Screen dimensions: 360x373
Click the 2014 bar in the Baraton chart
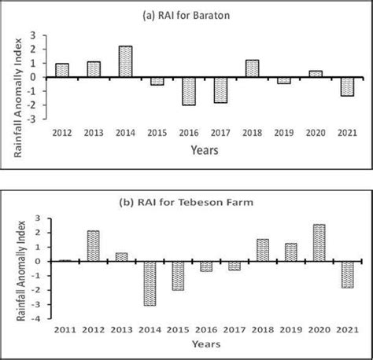click(x=125, y=61)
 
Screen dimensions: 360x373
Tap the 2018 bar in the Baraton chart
click(x=252, y=68)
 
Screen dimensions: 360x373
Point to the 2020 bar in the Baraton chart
click(x=315, y=74)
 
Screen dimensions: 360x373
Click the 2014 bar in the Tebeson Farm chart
click(x=149, y=283)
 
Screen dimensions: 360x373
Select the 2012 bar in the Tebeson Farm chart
click(x=92, y=245)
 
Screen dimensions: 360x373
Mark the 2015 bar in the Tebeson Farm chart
click(x=179, y=275)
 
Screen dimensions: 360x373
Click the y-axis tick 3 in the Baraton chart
click(x=34, y=35)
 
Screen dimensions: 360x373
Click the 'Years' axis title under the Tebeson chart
click(x=207, y=343)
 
